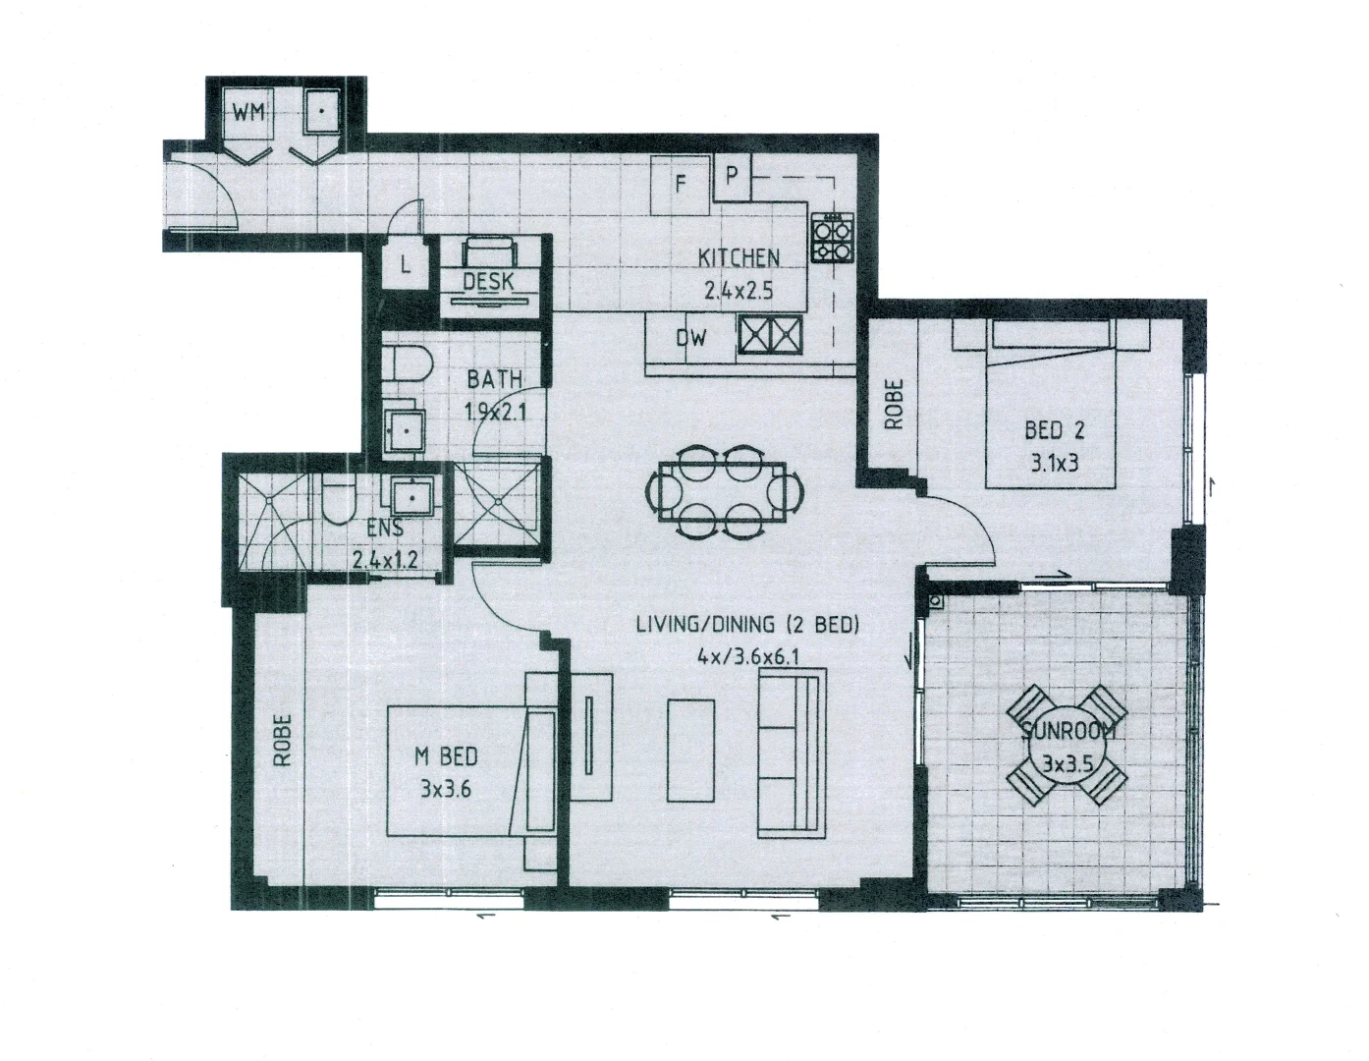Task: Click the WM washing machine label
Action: tap(247, 113)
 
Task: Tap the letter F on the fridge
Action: tap(680, 184)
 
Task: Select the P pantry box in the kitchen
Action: tap(731, 176)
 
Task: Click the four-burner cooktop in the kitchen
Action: tap(831, 239)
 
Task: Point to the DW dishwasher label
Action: tap(691, 339)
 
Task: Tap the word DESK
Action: tap(488, 282)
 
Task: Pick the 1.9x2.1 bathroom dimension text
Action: tap(496, 413)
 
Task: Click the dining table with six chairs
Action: tap(724, 491)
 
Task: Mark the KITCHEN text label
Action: tap(739, 258)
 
